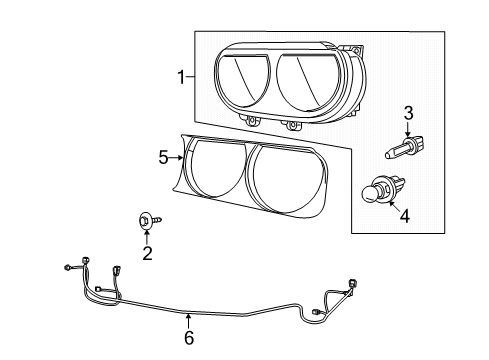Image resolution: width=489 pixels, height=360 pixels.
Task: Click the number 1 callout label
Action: (181, 77)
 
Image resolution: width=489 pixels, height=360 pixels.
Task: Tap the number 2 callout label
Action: (146, 253)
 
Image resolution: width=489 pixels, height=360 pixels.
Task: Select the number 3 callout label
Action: (408, 112)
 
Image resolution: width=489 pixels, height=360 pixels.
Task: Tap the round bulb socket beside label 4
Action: (379, 189)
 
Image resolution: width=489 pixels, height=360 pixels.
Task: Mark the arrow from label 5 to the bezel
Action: (178, 156)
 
